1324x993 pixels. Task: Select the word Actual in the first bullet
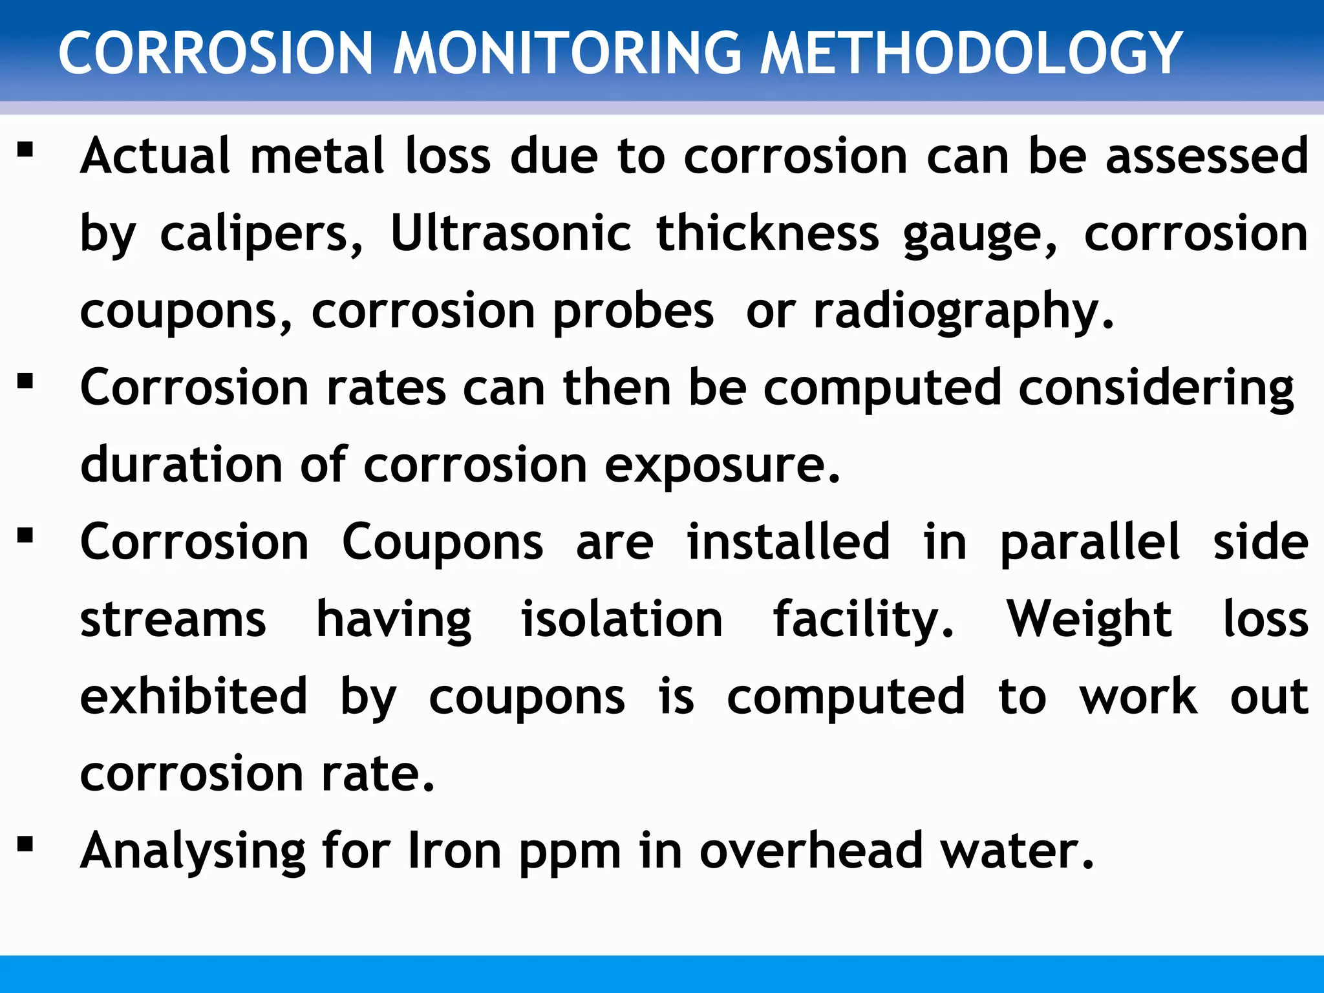tap(155, 156)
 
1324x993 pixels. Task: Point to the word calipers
tap(261, 234)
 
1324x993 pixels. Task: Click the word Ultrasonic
tap(511, 233)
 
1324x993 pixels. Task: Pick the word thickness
tap(767, 233)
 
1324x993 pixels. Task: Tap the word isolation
tap(621, 619)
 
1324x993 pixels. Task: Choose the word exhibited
tap(193, 696)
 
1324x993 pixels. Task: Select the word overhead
tap(811, 851)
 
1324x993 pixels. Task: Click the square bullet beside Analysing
tap(25, 844)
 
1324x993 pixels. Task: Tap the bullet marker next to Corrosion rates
tap(25, 381)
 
